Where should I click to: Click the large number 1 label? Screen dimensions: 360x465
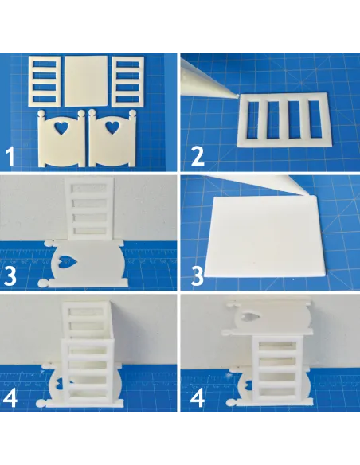coord(10,157)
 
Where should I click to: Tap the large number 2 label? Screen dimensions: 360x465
coord(198,157)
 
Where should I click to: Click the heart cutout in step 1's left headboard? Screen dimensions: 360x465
coord(61,127)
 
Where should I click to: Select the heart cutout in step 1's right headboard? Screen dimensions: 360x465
coord(112,127)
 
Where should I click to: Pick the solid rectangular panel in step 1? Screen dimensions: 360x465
coord(86,80)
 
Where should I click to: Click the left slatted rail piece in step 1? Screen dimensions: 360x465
coord(45,81)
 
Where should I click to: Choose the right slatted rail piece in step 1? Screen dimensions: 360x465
coord(128,81)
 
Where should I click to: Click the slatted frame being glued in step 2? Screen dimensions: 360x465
coord(284,119)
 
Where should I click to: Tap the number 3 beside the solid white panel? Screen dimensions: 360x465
coord(198,275)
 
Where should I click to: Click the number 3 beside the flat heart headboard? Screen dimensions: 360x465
coord(10,275)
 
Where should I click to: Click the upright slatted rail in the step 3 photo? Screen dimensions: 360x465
coord(88,209)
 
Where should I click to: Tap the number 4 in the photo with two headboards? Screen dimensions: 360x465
coord(198,397)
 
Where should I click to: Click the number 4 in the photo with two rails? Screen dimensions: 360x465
coord(10,397)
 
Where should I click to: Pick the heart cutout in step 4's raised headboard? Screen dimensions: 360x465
coord(251,318)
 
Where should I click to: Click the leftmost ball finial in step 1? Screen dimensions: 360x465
coord(42,114)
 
